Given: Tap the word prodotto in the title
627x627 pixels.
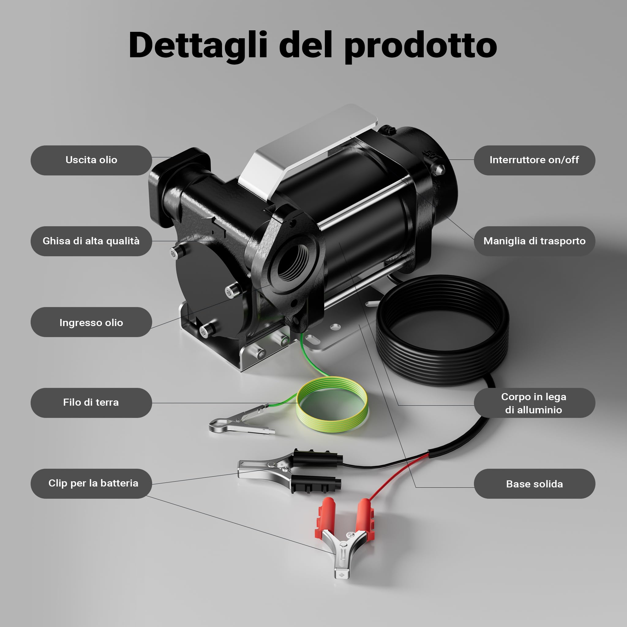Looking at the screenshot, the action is point(421,47).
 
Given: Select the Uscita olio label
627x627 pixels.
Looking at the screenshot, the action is point(91,160).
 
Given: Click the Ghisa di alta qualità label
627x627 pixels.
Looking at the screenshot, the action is point(91,241).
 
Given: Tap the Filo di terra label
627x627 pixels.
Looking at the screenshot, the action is point(91,402).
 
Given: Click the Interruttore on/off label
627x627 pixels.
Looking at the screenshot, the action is point(535,160).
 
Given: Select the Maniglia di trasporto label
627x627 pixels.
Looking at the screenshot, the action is point(535,241).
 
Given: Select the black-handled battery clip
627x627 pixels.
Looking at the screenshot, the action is point(289,471).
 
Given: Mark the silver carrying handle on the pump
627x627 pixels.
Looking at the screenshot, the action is point(308,152).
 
